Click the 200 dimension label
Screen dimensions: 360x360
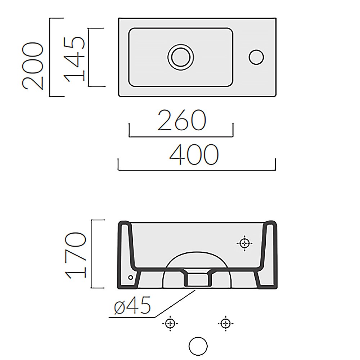click(x=32, y=66)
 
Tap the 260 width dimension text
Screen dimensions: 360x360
click(x=181, y=120)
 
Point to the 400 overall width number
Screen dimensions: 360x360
click(x=194, y=154)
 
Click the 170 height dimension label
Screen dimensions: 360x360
click(x=75, y=255)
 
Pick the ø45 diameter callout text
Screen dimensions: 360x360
click(x=132, y=305)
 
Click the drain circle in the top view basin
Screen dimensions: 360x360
click(x=181, y=57)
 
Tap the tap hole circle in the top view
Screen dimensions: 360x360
click(x=256, y=57)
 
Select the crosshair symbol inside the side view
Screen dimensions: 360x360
click(x=244, y=243)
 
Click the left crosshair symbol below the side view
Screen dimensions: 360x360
click(x=170, y=323)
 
